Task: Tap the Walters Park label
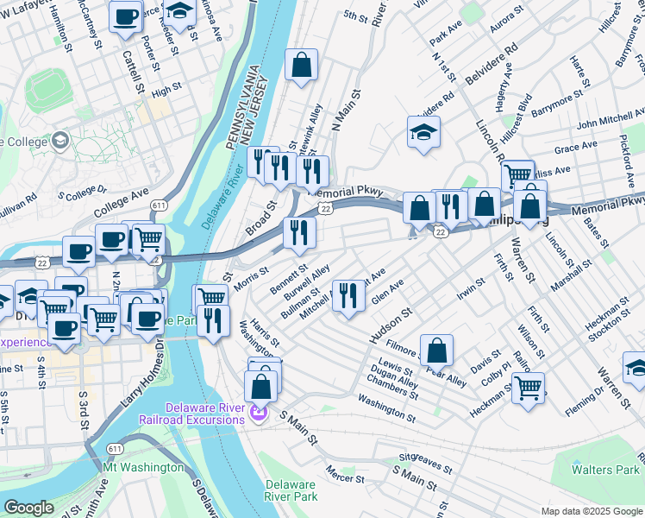pos(604,470)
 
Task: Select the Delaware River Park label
pos(291,490)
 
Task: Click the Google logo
pos(28,508)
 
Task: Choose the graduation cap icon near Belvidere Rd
pos(424,132)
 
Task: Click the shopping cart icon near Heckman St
pos(527,388)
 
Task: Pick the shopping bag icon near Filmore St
pos(438,350)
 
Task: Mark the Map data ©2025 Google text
pos(591,511)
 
